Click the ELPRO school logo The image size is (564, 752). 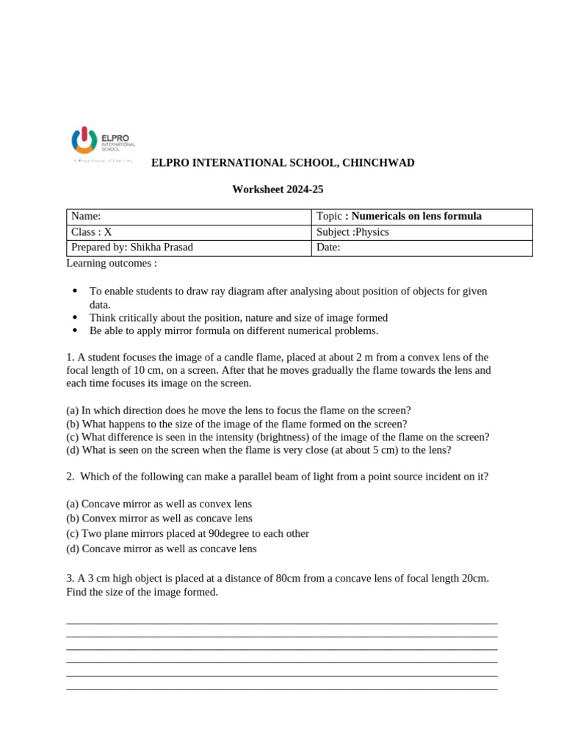pos(102,143)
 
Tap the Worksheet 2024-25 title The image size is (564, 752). pos(278,189)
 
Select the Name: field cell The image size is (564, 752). pos(189,216)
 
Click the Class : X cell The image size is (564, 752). pos(189,232)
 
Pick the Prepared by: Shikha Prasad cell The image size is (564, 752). pos(189,247)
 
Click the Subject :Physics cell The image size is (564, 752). pos(422,232)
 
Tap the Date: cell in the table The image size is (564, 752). pos(422,247)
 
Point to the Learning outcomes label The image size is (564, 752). pos(112,263)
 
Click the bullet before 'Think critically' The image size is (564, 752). pos(75,318)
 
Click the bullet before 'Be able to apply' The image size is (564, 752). pos(75,331)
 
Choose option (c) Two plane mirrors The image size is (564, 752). pos(187,534)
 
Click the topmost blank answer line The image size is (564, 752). pos(281,623)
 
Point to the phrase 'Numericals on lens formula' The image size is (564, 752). pos(416,216)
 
